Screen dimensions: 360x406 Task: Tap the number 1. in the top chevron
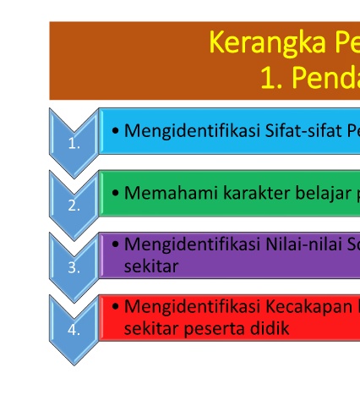tap(74, 144)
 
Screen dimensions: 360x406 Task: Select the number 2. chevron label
tap(74, 206)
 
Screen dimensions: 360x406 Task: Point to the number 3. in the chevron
tap(74, 267)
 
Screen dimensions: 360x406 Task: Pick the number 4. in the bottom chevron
tap(74, 330)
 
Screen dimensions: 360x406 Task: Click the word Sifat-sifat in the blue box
tap(303, 131)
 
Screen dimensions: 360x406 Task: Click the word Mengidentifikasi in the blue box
tap(192, 131)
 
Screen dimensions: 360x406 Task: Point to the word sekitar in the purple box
tap(151, 266)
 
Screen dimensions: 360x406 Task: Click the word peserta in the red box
tap(216, 329)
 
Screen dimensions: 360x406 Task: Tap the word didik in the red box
tap(271, 328)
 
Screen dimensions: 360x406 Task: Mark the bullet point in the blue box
tap(115, 131)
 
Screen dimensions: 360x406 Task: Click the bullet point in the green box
tap(115, 193)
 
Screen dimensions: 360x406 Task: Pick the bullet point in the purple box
tap(115, 244)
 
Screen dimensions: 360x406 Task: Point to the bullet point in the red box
tap(115, 306)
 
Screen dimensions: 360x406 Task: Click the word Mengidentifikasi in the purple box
tap(192, 244)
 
